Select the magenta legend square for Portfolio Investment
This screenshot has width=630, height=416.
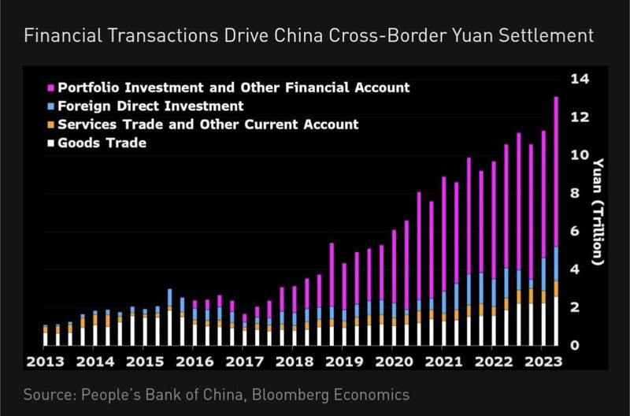(x=50, y=87)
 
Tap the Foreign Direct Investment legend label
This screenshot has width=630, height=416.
(x=151, y=106)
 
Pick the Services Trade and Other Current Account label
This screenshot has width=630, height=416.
(x=209, y=124)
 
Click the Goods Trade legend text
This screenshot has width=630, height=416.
(x=102, y=143)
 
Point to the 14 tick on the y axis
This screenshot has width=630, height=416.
(x=580, y=79)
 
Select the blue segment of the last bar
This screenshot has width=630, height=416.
(x=556, y=264)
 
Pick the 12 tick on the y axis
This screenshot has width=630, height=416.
(x=580, y=117)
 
